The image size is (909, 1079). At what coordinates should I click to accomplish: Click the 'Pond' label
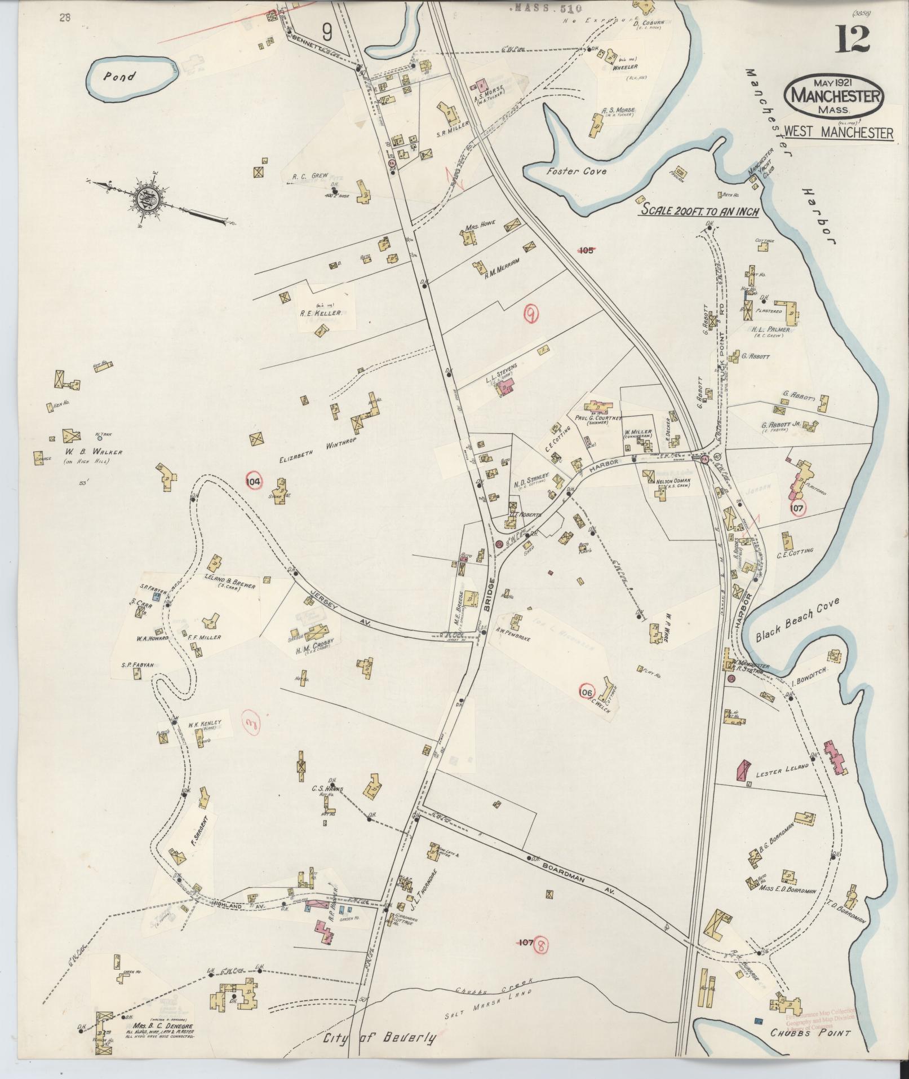pos(119,76)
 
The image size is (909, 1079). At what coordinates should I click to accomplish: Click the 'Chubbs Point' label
pos(810,1033)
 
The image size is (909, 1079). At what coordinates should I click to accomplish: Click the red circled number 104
pos(254,481)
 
